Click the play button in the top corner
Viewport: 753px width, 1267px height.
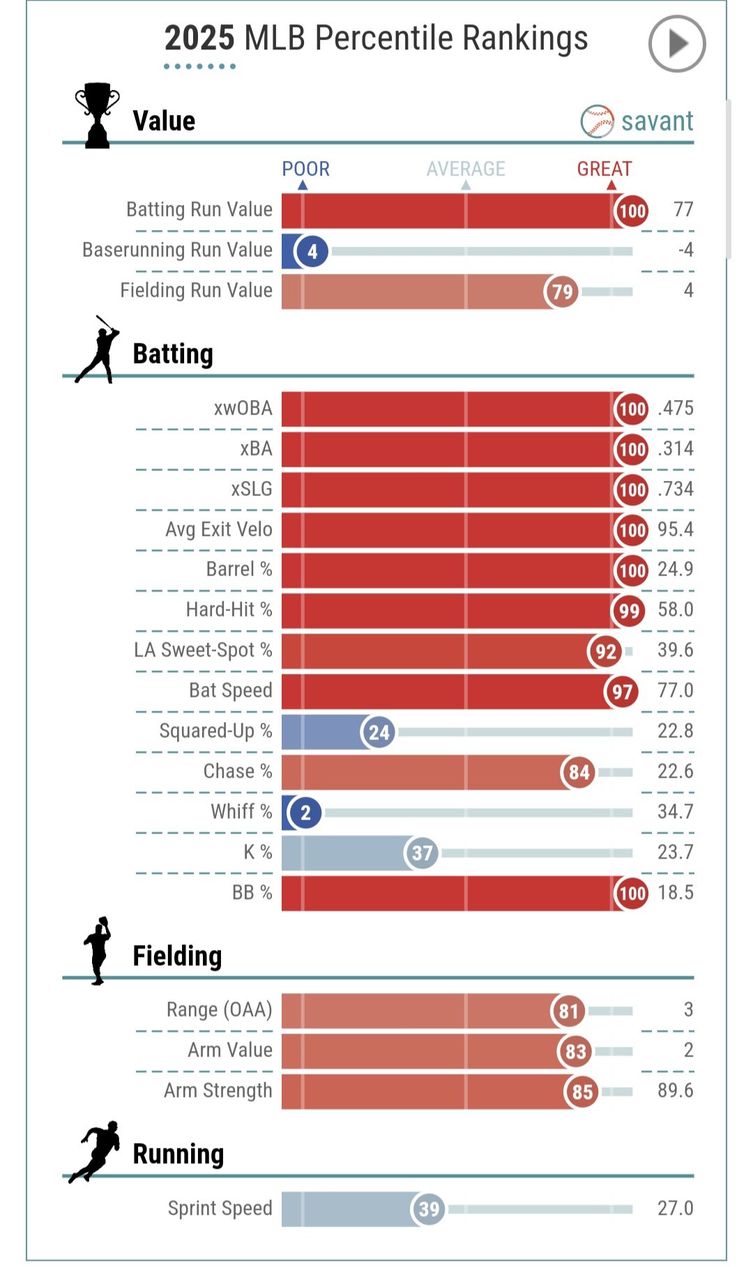(x=677, y=44)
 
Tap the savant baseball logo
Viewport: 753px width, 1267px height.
(x=597, y=121)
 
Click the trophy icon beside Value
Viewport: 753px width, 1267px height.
(x=97, y=115)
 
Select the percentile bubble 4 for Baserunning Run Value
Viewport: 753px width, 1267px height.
(x=312, y=251)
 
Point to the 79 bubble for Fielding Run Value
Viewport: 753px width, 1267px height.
(x=561, y=291)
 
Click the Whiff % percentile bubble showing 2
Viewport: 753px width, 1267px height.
(x=305, y=813)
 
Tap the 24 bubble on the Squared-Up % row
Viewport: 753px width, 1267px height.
(x=379, y=732)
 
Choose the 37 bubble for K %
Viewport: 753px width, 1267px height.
(x=422, y=853)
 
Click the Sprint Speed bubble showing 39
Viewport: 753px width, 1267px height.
(x=429, y=1209)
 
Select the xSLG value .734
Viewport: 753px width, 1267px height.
(x=675, y=489)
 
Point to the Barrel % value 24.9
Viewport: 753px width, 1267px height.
(x=675, y=569)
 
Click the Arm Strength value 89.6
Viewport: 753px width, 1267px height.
(x=675, y=1091)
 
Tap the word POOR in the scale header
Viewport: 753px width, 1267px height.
(x=305, y=169)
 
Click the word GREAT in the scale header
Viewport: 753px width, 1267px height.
(x=604, y=169)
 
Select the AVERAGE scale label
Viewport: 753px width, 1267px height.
(x=466, y=169)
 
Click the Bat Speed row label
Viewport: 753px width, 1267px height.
(x=230, y=691)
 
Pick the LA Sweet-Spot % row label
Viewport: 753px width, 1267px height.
(x=203, y=650)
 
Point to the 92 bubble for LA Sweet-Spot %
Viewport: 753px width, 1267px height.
(x=605, y=652)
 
